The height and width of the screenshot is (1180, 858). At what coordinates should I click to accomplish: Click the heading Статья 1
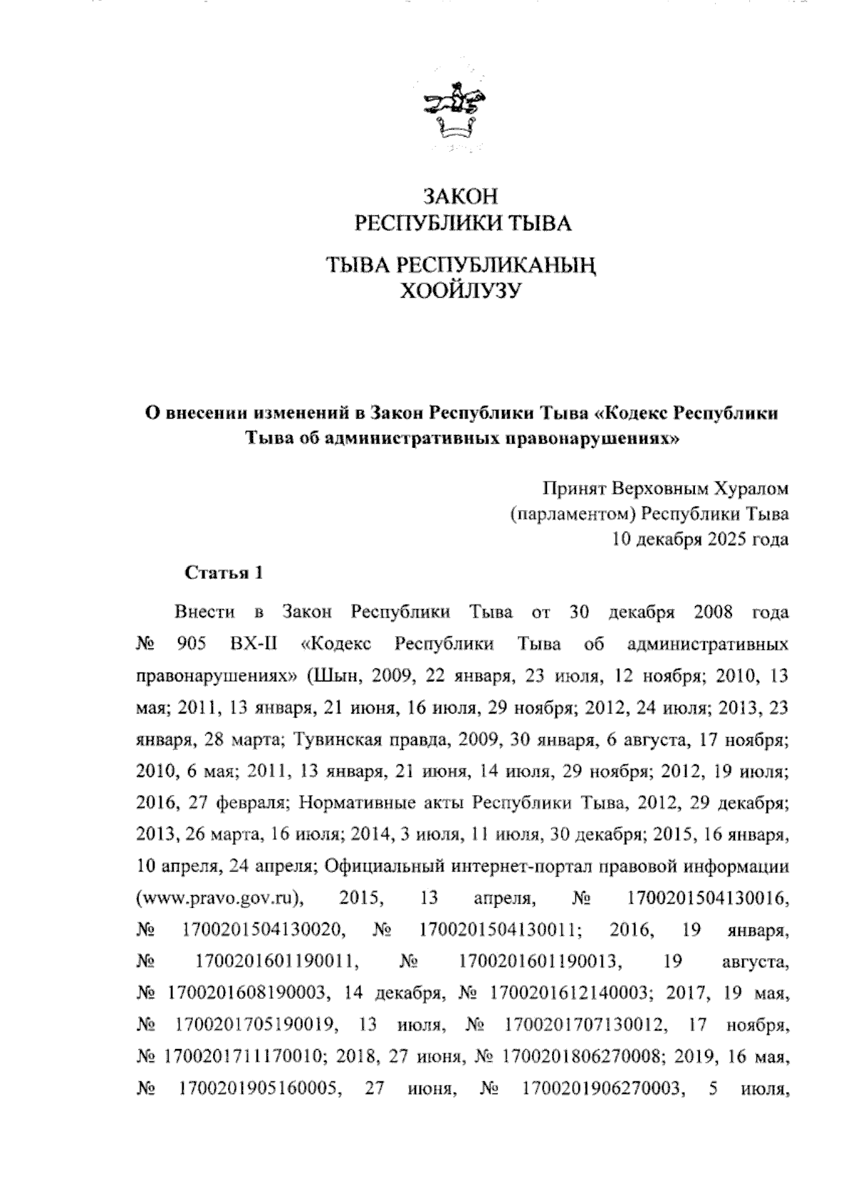(x=214, y=572)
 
